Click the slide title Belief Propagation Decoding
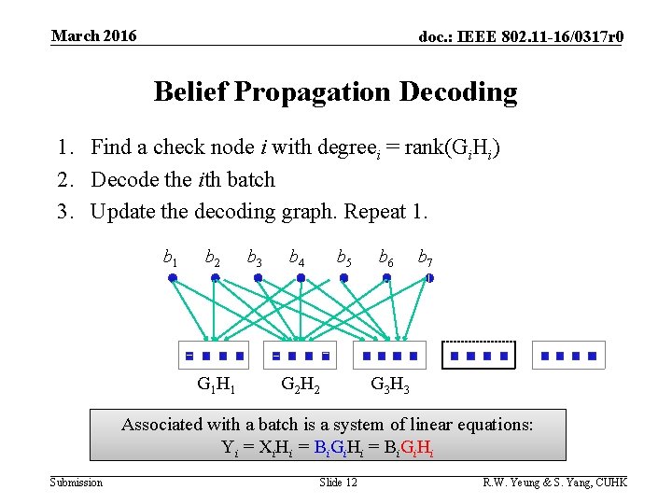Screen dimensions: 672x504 click(x=335, y=91)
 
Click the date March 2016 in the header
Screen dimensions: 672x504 click(x=93, y=36)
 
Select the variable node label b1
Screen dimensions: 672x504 click(x=172, y=257)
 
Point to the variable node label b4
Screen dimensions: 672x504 click(x=296, y=257)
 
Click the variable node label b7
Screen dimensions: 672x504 click(x=425, y=257)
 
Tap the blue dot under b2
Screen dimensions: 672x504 click(x=215, y=277)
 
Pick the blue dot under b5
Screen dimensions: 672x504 click(x=343, y=277)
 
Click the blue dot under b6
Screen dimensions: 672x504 click(x=386, y=277)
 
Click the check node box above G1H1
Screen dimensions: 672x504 click(x=214, y=355)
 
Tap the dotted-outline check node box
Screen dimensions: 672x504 click(x=480, y=355)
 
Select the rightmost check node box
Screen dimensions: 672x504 click(x=568, y=355)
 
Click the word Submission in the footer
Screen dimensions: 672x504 click(x=77, y=482)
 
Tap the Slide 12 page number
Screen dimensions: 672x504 click(x=338, y=482)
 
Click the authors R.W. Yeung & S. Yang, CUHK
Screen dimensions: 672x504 click(x=554, y=482)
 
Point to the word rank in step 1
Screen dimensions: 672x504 click(x=423, y=147)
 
